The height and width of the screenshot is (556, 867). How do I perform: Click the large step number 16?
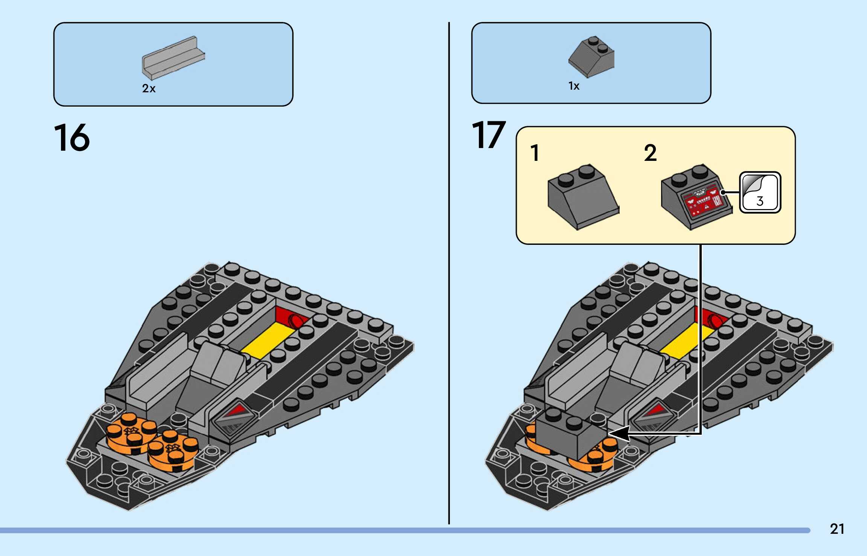(72, 137)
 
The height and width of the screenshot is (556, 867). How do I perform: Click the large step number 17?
(488, 135)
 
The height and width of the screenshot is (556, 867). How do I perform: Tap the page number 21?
(837, 529)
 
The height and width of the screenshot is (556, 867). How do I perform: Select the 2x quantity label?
(149, 89)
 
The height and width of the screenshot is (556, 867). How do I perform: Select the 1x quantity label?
(573, 86)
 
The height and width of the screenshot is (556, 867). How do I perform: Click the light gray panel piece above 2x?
(173, 58)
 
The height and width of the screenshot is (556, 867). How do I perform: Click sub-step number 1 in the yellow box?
(535, 153)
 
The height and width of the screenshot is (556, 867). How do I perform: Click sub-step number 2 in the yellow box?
(650, 153)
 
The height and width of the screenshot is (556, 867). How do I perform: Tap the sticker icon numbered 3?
(760, 192)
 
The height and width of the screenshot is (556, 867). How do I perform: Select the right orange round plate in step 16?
(173, 451)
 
